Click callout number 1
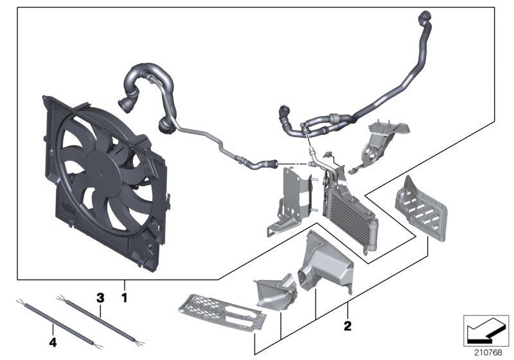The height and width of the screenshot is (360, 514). (125, 298)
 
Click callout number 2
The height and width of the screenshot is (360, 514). (348, 326)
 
